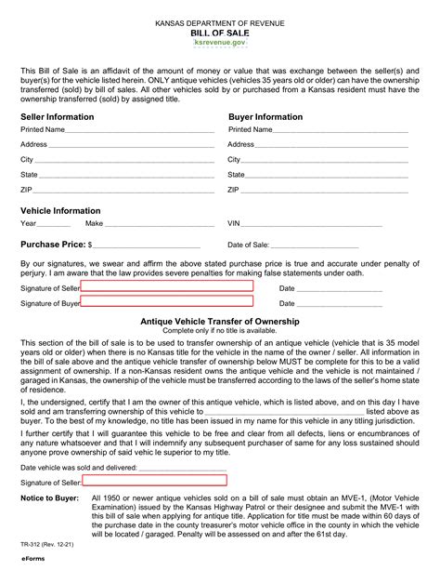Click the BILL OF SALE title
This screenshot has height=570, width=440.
pyautogui.click(x=219, y=31)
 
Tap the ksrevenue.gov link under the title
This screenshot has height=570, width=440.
pyautogui.click(x=220, y=43)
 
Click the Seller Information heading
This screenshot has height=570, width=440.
pyautogui.click(x=58, y=117)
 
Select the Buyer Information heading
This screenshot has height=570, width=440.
pyautogui.click(x=265, y=117)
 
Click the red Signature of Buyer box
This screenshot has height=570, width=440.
pyautogui.click(x=167, y=302)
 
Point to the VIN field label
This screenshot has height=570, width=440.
pyautogui.click(x=235, y=224)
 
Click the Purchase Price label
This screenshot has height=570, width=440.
pyautogui.click(x=53, y=245)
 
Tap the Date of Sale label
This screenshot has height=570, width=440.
pyautogui.click(x=249, y=245)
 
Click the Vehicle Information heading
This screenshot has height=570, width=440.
pyautogui.click(x=61, y=210)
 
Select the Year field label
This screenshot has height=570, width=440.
pyautogui.click(x=29, y=224)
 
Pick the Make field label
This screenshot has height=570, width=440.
pyautogui.click(x=94, y=224)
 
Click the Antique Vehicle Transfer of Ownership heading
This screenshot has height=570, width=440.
pyautogui.click(x=220, y=321)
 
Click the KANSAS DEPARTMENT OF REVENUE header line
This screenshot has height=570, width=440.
pyautogui.click(x=219, y=20)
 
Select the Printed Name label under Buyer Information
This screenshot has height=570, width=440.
pyautogui.click(x=251, y=130)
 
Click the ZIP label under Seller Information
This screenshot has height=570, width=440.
pyautogui.click(x=27, y=189)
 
